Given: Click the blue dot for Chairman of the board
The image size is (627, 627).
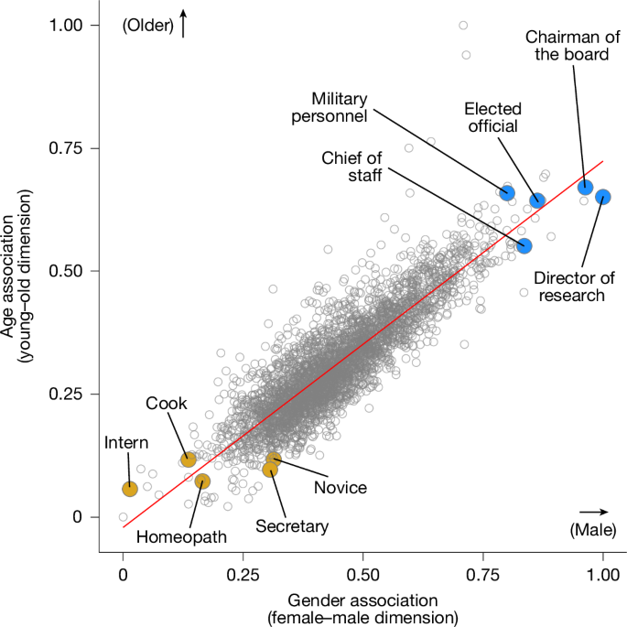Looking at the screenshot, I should [x=585, y=188].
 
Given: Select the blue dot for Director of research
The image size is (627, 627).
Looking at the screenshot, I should [x=602, y=197].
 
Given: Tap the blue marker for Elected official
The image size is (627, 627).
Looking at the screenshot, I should [x=537, y=200].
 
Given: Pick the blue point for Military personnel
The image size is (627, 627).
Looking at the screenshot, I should [x=507, y=192].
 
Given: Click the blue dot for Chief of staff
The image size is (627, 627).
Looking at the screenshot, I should [x=524, y=245].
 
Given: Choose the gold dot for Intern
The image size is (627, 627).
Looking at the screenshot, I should [x=130, y=489].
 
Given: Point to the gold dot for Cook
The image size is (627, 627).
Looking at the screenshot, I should [x=189, y=459].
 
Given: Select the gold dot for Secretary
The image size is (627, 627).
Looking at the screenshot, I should [x=270, y=470].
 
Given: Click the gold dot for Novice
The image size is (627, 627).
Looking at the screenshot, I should [x=274, y=459].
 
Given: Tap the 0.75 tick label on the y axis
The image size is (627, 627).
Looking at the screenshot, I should [x=79, y=148].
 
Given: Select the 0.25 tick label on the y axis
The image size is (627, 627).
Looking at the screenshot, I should [x=79, y=394].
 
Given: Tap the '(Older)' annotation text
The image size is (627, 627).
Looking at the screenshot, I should [x=147, y=27].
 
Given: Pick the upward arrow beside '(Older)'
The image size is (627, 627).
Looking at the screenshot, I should [x=183, y=24].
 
